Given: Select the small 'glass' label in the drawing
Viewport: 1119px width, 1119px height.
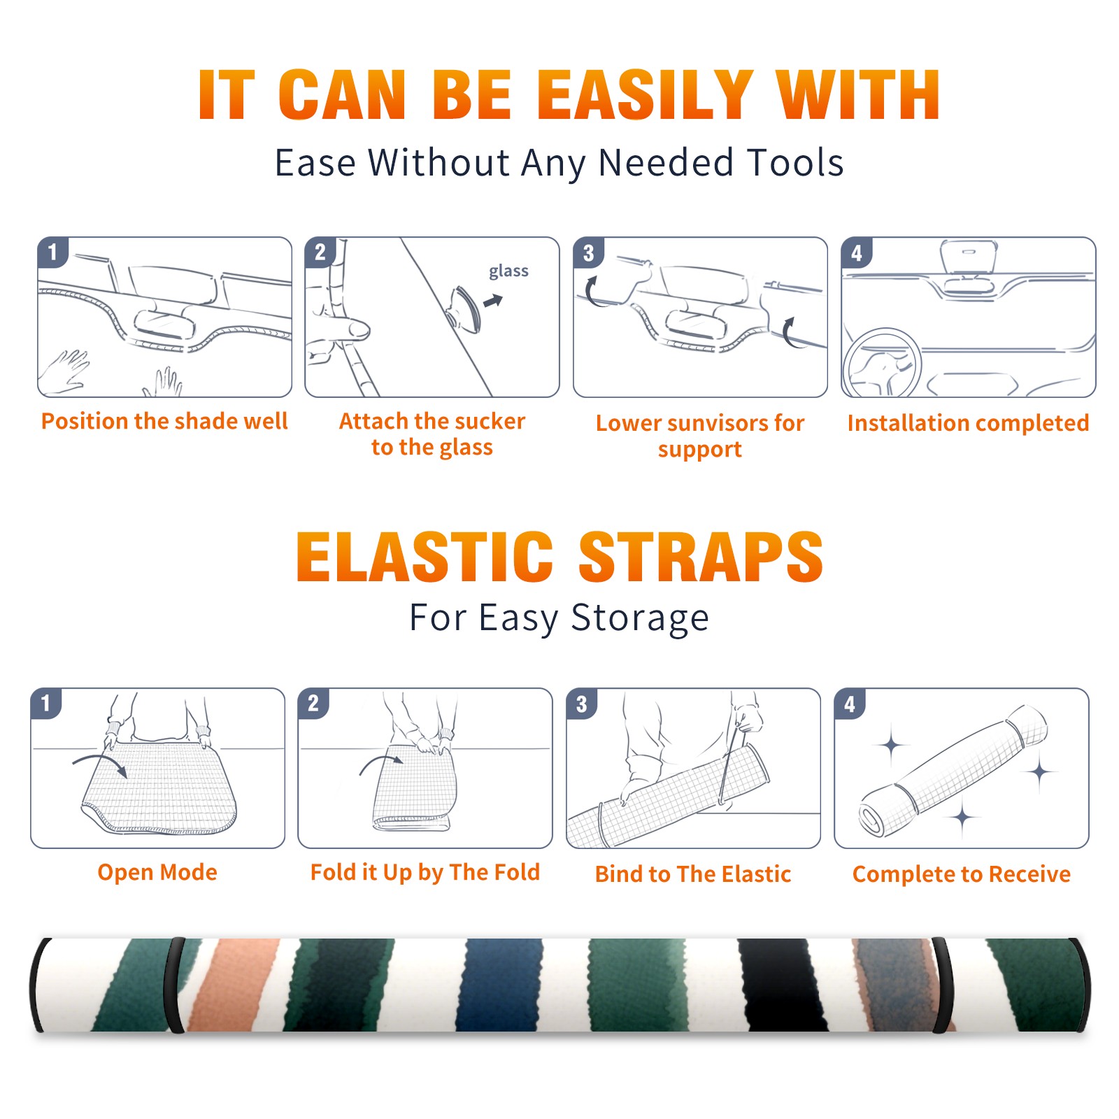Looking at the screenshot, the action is (x=508, y=271).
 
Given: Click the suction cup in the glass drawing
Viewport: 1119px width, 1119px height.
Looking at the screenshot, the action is (x=464, y=308).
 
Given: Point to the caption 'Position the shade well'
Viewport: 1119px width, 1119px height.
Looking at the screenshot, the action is (x=164, y=421).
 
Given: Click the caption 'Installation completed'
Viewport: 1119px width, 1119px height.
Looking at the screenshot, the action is (x=968, y=422).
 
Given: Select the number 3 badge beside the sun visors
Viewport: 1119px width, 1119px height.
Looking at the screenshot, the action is (x=588, y=252).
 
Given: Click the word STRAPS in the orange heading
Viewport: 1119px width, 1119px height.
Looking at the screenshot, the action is (x=701, y=557).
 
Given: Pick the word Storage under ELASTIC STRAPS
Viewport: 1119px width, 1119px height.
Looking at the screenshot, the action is (x=640, y=619).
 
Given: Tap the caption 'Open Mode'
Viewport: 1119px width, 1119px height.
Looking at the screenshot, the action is (x=157, y=872).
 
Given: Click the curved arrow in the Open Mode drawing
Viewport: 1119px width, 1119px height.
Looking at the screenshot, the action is (x=99, y=762).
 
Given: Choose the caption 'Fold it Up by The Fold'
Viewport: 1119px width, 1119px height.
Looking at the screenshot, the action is (x=425, y=873).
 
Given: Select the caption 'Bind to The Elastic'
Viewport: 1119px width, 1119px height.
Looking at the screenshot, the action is (x=693, y=874).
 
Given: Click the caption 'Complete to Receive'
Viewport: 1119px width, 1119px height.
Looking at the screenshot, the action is (x=962, y=874).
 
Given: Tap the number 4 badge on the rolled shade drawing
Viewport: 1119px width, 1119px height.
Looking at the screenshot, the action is (x=850, y=704).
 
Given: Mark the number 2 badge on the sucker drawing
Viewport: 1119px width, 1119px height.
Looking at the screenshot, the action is (x=320, y=252).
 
